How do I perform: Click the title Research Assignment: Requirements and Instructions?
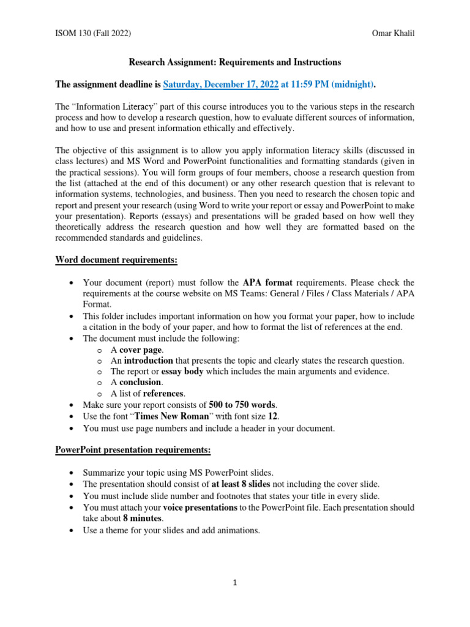[x=234, y=62]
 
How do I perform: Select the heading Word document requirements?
[x=116, y=260]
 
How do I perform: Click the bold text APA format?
[x=267, y=282]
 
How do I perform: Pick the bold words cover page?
[x=141, y=350]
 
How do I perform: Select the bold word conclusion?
[x=141, y=382]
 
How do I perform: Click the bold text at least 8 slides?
[x=242, y=484]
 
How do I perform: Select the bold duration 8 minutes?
[x=137, y=518]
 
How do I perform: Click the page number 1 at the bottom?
[x=234, y=584]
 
